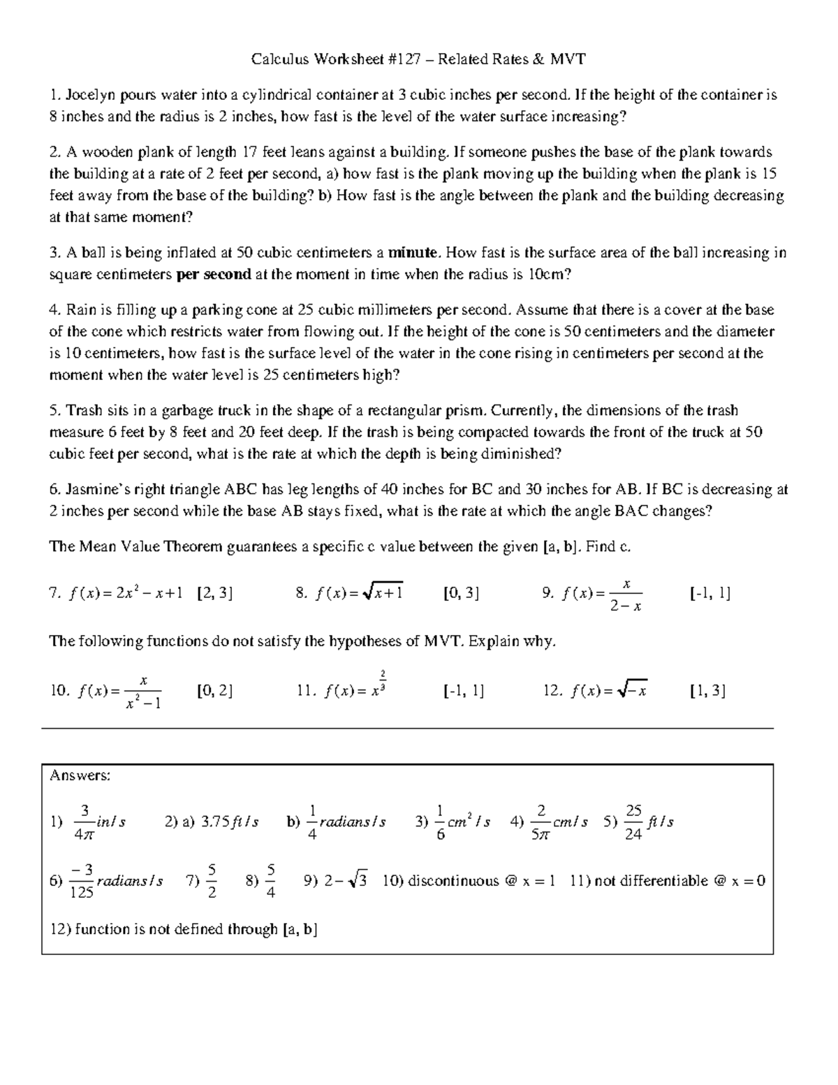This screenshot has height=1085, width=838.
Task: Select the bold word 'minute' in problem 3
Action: tap(414, 252)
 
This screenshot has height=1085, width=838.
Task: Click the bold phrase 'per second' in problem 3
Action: tap(214, 275)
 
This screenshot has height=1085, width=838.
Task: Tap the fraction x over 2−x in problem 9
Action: tap(626, 594)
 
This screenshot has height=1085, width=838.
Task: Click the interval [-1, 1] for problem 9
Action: tap(710, 593)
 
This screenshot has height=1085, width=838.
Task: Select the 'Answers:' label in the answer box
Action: tap(80, 775)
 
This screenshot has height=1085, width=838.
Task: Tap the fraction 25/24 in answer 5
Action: tap(633, 822)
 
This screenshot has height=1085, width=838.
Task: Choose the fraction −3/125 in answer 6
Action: tap(82, 881)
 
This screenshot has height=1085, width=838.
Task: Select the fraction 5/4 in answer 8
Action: tap(271, 881)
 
